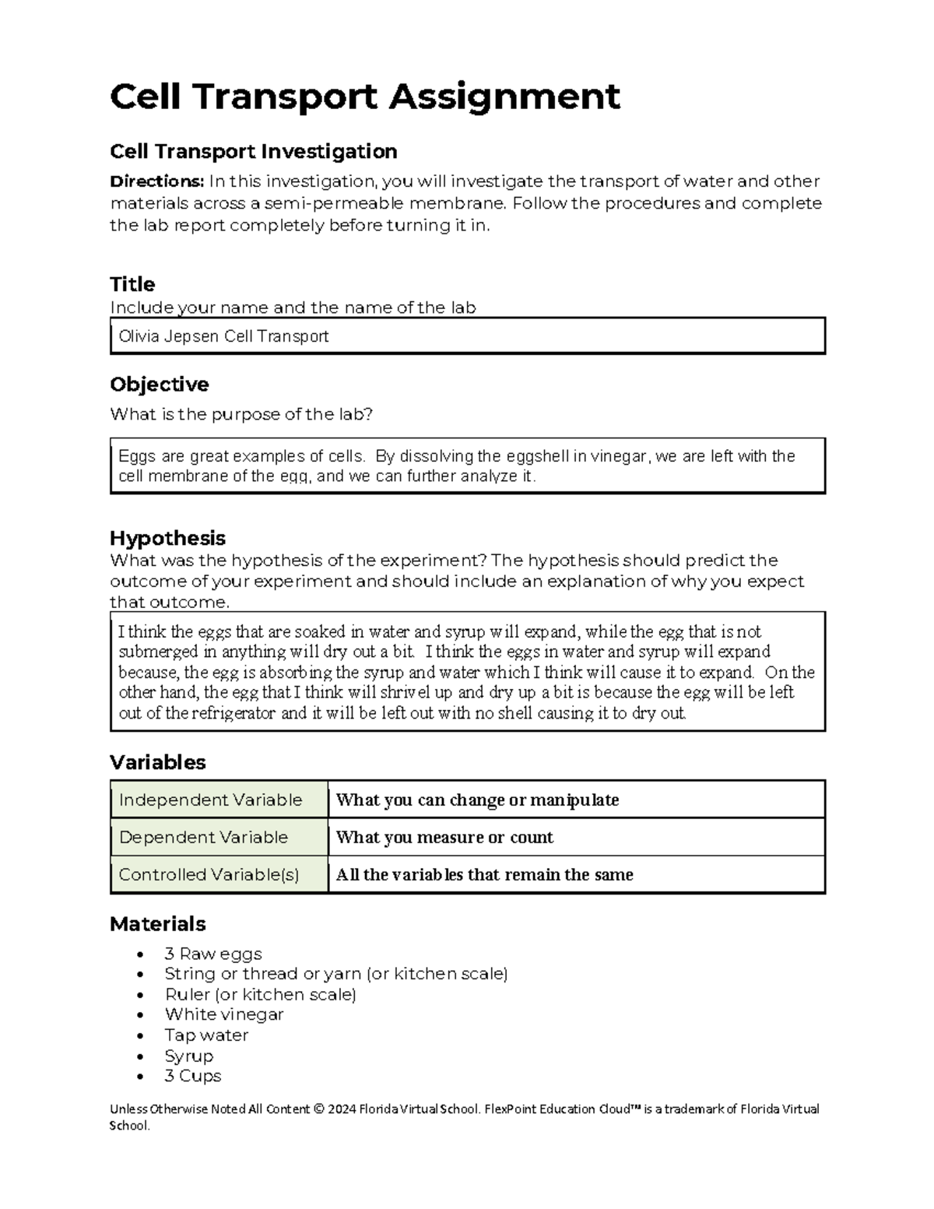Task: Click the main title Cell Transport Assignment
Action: [x=364, y=97]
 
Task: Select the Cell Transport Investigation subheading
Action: [x=253, y=151]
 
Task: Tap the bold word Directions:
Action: [x=156, y=181]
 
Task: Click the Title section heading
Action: [x=132, y=283]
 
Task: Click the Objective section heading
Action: [x=159, y=385]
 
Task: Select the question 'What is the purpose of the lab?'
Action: [x=241, y=414]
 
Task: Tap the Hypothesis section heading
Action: [x=167, y=538]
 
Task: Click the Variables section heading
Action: [x=157, y=762]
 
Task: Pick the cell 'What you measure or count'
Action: [x=444, y=838]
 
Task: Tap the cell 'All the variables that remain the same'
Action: [x=484, y=875]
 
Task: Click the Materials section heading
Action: [x=157, y=924]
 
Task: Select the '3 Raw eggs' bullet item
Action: [x=213, y=954]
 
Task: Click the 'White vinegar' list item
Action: [x=224, y=1014]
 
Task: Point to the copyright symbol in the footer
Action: [x=318, y=1109]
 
